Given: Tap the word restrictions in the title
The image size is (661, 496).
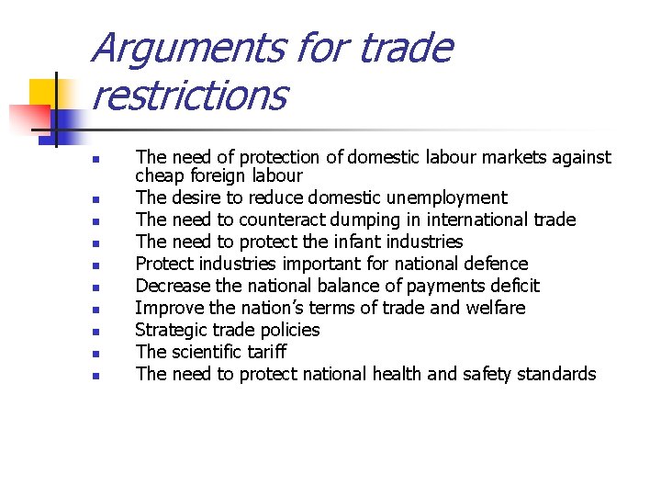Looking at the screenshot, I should point(189,95).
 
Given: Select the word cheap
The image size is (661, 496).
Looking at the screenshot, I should point(160,175).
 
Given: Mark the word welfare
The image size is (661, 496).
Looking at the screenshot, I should point(494,308).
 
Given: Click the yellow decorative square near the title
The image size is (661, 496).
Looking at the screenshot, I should point(44,94).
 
